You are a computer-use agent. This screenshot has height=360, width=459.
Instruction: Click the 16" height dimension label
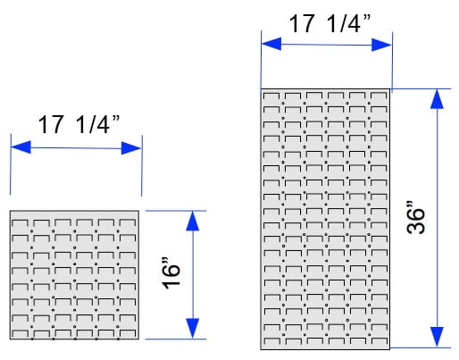coord(171,273)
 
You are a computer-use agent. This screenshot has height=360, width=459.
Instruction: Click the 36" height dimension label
coord(416,218)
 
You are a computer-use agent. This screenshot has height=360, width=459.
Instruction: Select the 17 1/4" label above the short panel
coord(79,124)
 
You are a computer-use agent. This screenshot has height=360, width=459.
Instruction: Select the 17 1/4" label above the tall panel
coord(330,23)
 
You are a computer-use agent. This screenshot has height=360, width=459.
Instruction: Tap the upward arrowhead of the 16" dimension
coord(193,221)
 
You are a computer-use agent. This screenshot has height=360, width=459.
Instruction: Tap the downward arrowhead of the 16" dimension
coord(193,328)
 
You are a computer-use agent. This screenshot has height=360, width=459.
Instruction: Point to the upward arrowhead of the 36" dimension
coord(437,99)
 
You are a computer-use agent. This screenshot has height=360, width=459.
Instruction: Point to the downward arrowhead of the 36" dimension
coord(437,337)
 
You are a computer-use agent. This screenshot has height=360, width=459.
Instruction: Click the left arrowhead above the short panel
coord(21,147)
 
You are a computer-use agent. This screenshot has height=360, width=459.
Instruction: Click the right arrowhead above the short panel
coord(131,148)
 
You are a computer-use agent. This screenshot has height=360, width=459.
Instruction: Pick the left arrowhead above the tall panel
coord(271,44)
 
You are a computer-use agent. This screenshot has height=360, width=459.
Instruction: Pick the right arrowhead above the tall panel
coord(381,45)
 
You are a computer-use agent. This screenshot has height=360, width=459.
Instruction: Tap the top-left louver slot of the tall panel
coord(271,96)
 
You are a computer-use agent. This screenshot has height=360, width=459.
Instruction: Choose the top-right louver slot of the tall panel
coord(379,96)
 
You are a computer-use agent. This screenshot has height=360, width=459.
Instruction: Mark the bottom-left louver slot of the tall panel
coord(272,341)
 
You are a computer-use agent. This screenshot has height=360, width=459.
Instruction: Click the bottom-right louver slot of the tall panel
coord(380,341)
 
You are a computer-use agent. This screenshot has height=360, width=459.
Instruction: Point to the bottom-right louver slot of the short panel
coord(128,334)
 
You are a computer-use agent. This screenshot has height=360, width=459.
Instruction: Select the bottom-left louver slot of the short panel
coord(20,334)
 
